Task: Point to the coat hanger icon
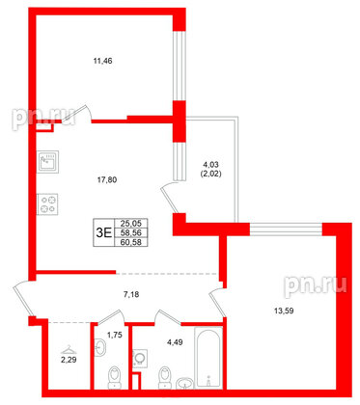click(x=66, y=349)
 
